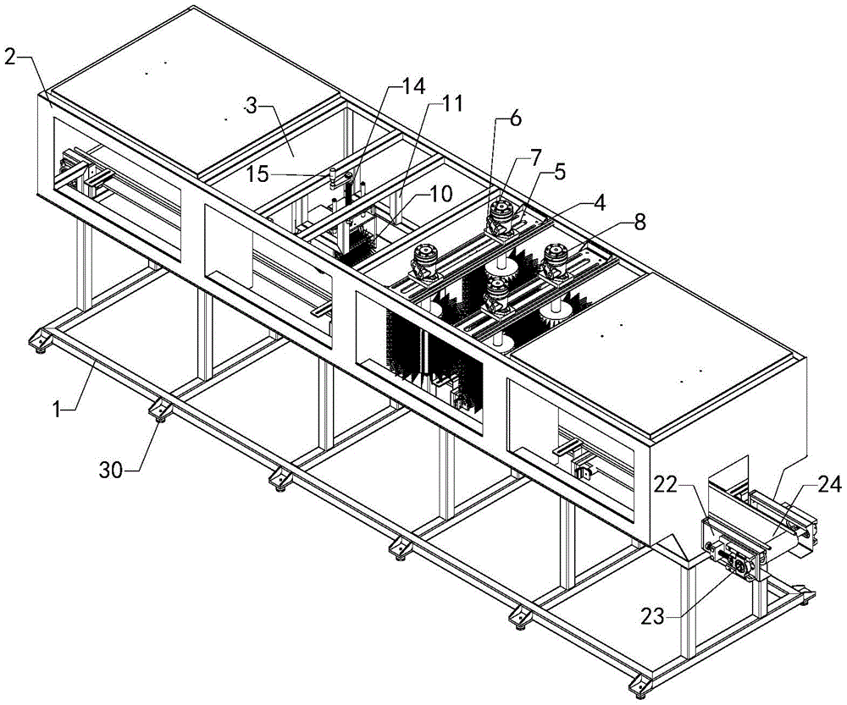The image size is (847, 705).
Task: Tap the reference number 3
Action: click(252, 107)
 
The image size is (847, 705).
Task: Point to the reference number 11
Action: click(451, 103)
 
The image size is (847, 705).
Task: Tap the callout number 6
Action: click(515, 118)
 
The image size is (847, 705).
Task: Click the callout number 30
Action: click(111, 471)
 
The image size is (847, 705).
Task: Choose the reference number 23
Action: click(652, 616)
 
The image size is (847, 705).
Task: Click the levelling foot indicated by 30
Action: click(160, 411)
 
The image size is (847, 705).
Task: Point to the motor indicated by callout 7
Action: click(501, 218)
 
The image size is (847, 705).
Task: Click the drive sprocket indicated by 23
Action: click(738, 565)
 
